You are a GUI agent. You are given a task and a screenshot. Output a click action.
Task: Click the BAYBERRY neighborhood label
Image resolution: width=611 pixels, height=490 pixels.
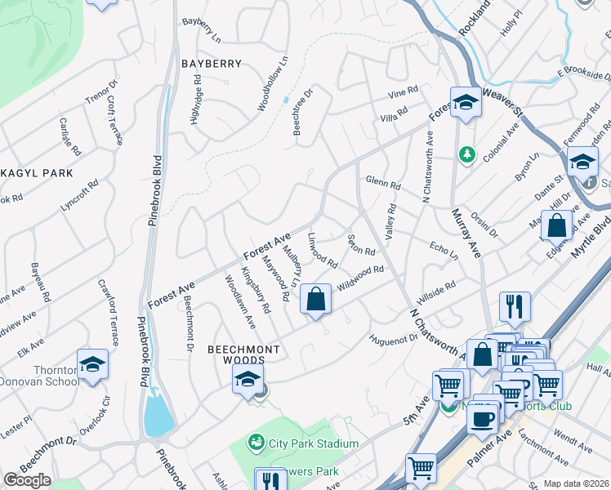[212, 64]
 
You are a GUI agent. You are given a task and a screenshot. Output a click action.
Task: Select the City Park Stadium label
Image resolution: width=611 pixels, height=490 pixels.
[314, 443]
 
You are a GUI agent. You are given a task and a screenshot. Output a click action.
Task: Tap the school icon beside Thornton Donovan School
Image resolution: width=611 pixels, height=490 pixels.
[92, 364]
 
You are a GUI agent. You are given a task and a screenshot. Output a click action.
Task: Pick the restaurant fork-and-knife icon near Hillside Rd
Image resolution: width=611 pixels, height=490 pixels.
[515, 306]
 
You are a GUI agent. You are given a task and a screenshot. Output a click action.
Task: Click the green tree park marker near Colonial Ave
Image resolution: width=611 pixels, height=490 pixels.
[466, 154]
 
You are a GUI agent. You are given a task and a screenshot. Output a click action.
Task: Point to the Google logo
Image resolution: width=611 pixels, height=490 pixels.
[27, 480]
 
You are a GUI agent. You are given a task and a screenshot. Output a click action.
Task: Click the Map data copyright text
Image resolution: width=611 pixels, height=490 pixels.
[577, 483]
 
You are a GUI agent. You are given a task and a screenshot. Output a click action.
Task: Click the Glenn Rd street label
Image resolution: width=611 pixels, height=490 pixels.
[382, 182]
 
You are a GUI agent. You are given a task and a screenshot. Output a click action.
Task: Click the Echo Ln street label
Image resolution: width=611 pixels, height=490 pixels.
[443, 247]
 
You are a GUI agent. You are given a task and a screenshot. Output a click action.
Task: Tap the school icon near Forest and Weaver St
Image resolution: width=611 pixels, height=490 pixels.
[466, 103]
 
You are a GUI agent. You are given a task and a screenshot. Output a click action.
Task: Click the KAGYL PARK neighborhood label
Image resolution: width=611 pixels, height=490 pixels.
[37, 173]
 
